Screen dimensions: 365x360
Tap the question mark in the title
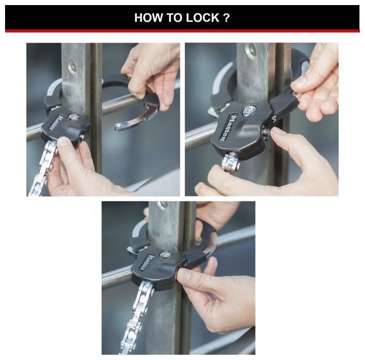227,18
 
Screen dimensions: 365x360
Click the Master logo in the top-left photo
56,123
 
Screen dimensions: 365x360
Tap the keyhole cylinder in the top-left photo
74,117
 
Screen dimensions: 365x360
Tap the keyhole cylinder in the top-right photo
249,110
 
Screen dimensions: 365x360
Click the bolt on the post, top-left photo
72,66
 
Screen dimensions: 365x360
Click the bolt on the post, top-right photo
251,49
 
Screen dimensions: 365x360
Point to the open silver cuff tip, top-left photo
118,127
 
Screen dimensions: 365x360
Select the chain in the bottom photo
136,316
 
